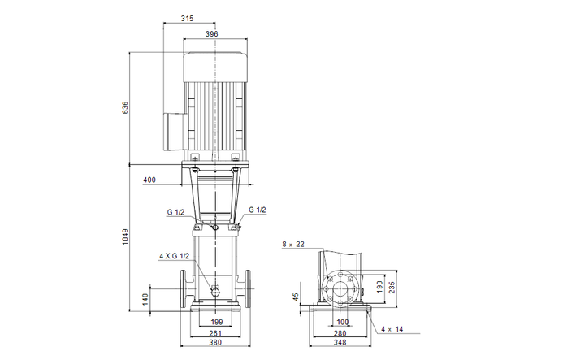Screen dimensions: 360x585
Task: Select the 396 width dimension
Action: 213,33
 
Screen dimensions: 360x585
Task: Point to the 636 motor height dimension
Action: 126,109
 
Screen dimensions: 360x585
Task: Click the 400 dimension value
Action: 149,180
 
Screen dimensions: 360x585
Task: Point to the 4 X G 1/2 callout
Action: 173,256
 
